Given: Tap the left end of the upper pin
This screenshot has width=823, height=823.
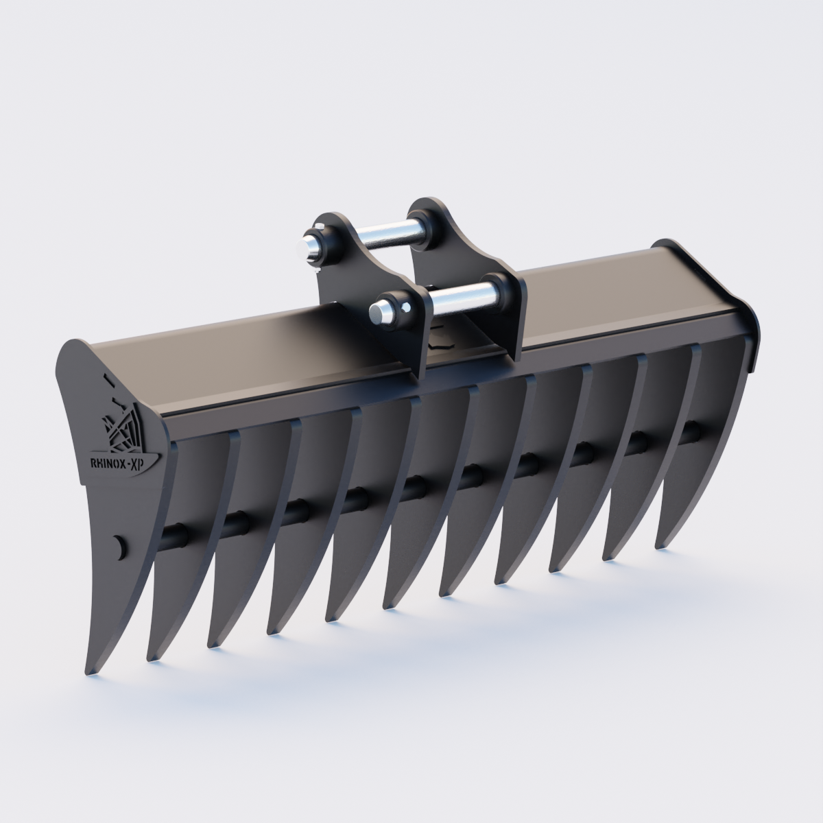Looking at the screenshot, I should pos(312,243).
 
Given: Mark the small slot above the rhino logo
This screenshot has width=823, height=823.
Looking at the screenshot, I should pos(107,377).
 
